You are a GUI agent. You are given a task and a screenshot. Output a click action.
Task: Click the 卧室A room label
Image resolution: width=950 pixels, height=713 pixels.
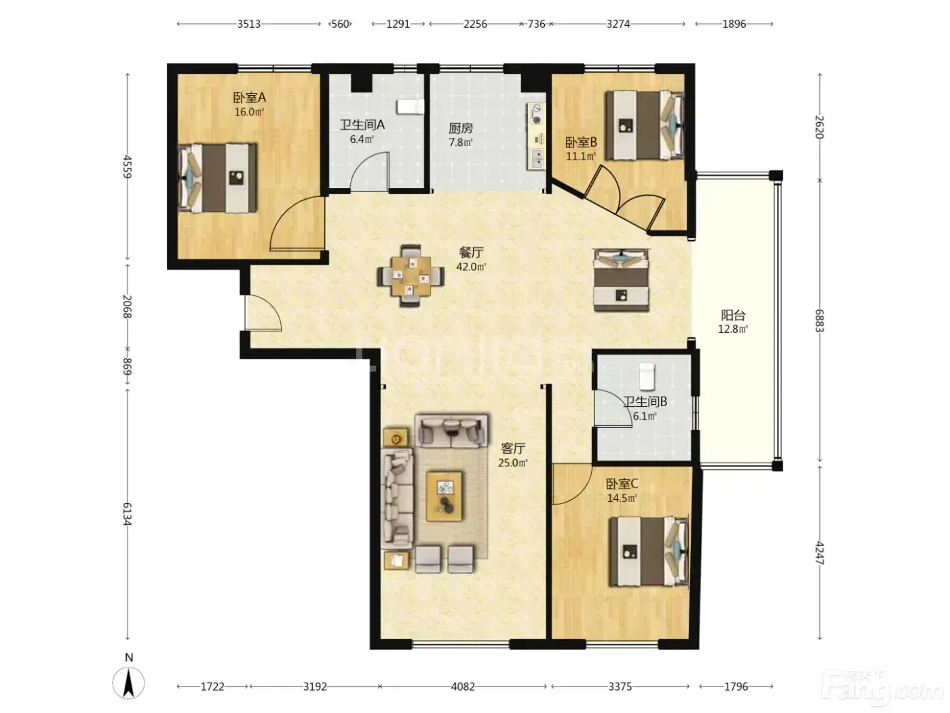point(249,97)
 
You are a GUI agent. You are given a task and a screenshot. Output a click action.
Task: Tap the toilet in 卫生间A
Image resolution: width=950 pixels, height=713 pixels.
point(411,107)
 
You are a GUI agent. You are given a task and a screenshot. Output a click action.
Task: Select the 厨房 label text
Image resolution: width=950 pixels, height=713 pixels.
point(461,128)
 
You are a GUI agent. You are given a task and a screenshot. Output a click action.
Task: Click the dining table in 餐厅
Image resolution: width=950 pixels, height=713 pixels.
point(411,276)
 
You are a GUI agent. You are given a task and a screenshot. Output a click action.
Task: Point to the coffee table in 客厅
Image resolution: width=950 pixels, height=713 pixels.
point(444,496)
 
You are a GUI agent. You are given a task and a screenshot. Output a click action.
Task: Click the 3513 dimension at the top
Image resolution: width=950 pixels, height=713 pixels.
point(249,24)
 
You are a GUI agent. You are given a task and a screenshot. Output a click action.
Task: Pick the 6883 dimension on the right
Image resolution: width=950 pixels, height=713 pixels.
point(819,321)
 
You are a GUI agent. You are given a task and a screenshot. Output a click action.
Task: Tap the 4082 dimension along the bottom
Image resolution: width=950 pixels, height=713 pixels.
point(463,686)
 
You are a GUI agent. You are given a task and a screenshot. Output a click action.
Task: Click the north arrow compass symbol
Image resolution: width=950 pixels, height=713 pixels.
point(128,682)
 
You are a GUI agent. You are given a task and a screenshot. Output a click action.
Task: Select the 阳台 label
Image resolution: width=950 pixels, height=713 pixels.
point(733,314)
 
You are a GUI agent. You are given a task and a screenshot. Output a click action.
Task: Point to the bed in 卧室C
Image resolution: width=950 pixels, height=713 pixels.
point(648,551)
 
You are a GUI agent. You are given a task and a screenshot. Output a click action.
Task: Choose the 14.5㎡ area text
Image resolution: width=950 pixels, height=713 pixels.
point(622,498)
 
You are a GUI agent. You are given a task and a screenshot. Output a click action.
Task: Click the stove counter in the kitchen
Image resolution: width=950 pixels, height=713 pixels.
point(536,136)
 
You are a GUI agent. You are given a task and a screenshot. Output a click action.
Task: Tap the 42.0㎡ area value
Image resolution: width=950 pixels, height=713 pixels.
point(471,267)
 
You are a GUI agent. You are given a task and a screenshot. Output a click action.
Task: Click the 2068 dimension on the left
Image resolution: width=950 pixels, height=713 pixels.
point(128,306)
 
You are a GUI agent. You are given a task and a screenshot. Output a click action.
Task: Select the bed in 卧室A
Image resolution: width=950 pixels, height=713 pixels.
point(217,178)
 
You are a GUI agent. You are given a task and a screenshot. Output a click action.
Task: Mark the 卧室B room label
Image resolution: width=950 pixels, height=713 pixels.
point(582,142)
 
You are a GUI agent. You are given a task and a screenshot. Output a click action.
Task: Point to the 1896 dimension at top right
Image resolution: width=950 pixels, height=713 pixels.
point(734,24)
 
